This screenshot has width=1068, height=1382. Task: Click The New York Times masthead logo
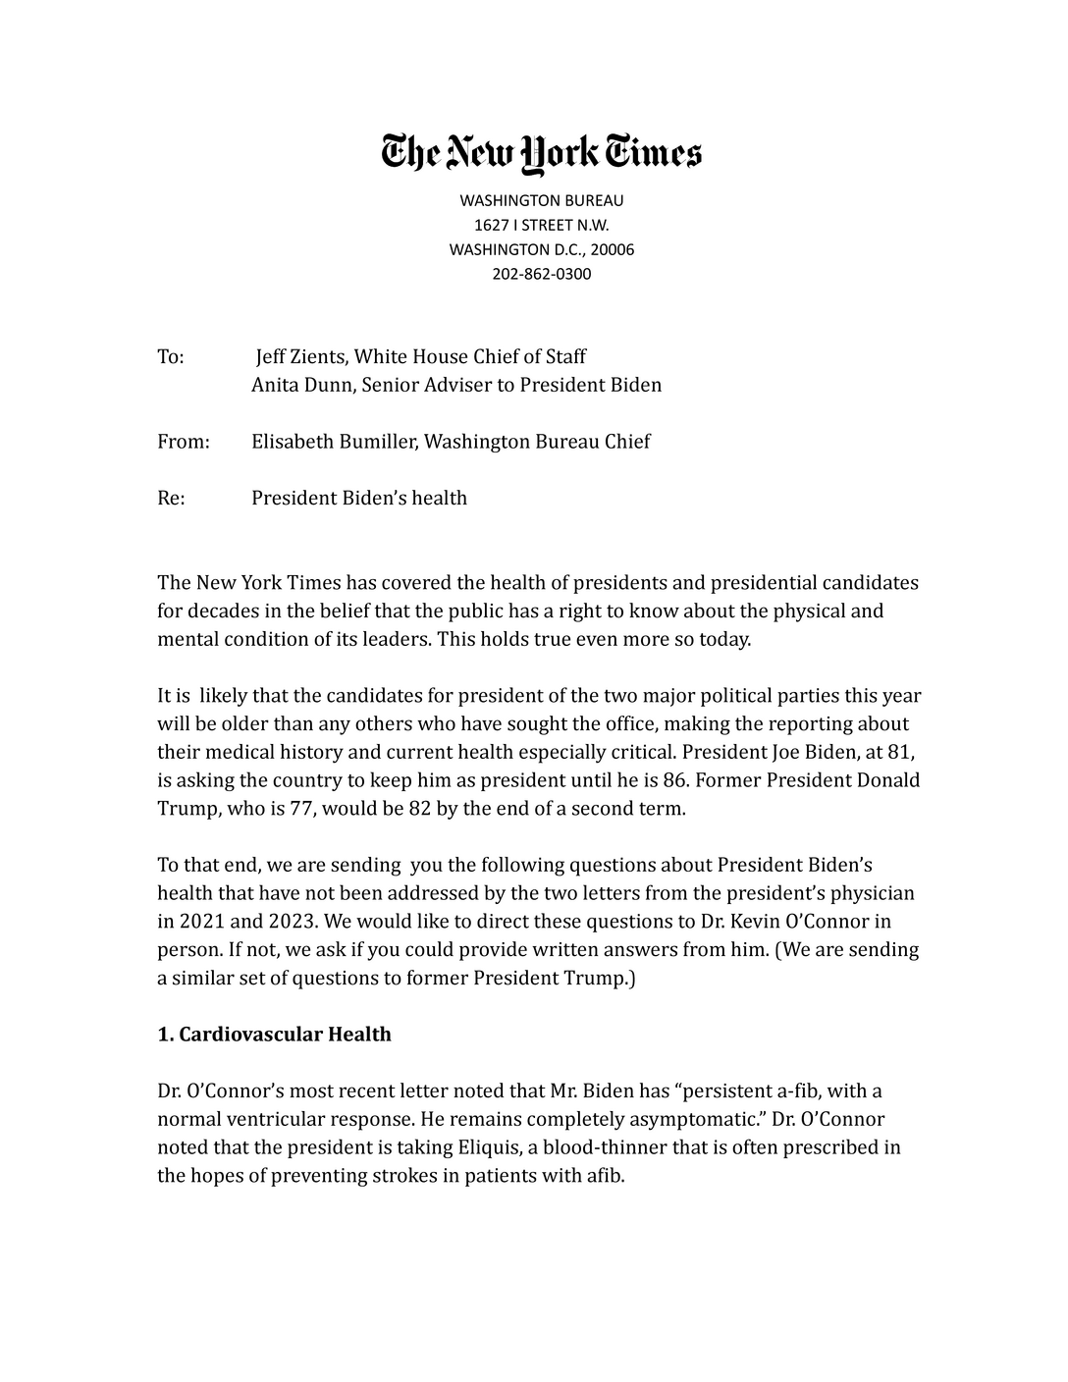click(x=541, y=153)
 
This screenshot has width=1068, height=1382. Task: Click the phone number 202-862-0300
click(x=541, y=274)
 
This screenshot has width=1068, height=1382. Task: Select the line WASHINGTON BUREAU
click(x=541, y=200)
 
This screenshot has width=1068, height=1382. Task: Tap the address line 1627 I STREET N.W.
click(x=541, y=225)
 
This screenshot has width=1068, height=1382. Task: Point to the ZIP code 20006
click(x=612, y=249)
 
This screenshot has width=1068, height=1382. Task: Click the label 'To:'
click(x=171, y=356)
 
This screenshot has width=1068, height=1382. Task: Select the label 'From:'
click(x=184, y=442)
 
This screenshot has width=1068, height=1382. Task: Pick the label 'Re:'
click(x=171, y=498)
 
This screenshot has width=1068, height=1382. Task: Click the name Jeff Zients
click(x=299, y=356)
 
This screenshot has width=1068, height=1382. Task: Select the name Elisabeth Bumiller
click(x=336, y=442)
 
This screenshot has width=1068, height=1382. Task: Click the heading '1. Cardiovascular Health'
click(x=274, y=1035)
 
